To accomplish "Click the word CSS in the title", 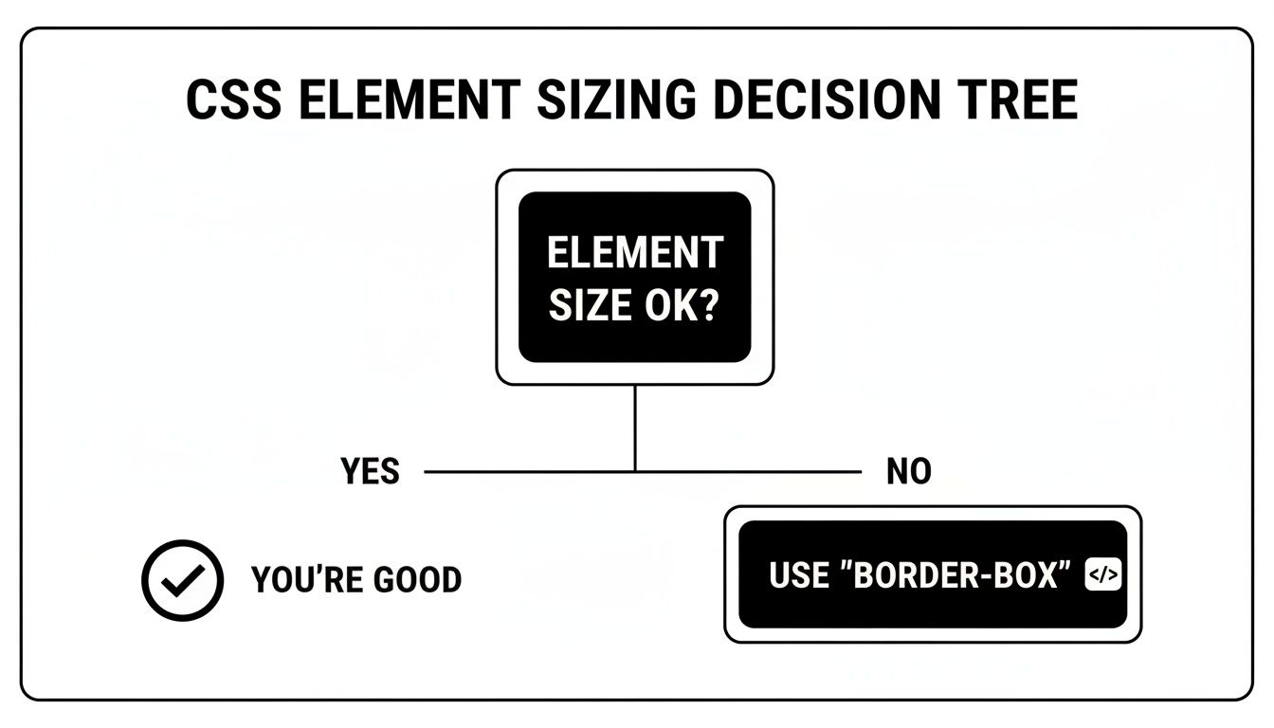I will point(234,100).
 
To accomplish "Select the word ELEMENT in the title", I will point(409,100).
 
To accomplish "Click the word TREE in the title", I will point(1018,100).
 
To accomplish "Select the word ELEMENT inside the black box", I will point(635,253).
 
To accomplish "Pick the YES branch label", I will point(371,471).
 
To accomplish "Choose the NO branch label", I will point(908,471).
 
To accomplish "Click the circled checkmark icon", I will point(182,580).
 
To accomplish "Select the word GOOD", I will point(414,580).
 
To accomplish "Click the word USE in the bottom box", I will point(798,575).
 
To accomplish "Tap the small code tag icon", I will point(1102,575).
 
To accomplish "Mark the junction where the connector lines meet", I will point(634,471).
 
